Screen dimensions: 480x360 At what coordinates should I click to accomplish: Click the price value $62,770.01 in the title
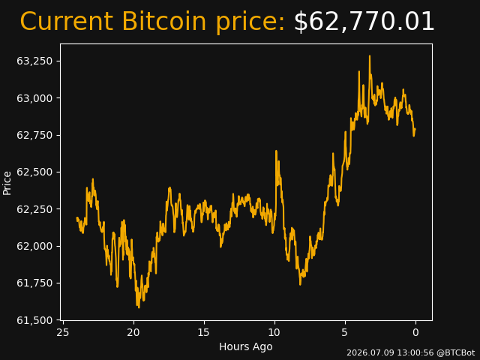[x=364, y=22]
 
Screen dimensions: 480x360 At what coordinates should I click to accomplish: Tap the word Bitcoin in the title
[x=164, y=22]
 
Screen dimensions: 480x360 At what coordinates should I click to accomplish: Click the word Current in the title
[x=66, y=22]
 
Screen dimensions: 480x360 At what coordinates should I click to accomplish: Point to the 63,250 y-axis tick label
[x=34, y=61]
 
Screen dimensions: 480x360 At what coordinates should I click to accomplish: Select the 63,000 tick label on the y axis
[x=34, y=98]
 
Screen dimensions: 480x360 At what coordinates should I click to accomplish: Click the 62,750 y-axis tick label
[x=34, y=135]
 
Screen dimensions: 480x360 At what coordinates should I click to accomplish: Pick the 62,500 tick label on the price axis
[x=34, y=172]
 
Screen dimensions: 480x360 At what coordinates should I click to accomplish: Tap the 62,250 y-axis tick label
[x=34, y=209]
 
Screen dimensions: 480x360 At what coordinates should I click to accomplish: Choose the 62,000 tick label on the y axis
[x=34, y=247]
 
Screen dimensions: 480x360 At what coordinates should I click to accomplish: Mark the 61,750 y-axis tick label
[x=34, y=283]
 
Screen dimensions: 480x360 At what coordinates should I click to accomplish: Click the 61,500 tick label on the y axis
[x=34, y=320]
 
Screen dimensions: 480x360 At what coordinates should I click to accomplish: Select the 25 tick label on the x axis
[x=63, y=332]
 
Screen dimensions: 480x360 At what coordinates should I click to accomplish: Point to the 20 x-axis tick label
[x=133, y=332]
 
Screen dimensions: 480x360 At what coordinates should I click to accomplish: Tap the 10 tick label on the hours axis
[x=274, y=332]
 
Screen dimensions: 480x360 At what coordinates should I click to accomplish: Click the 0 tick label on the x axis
[x=415, y=332]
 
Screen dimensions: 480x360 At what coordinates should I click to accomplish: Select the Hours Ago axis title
[x=246, y=346]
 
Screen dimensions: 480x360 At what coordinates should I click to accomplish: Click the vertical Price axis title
[x=7, y=183]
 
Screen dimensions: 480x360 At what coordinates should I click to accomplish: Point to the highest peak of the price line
[x=370, y=56]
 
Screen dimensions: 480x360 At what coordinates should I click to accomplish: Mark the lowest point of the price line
[x=139, y=307]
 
